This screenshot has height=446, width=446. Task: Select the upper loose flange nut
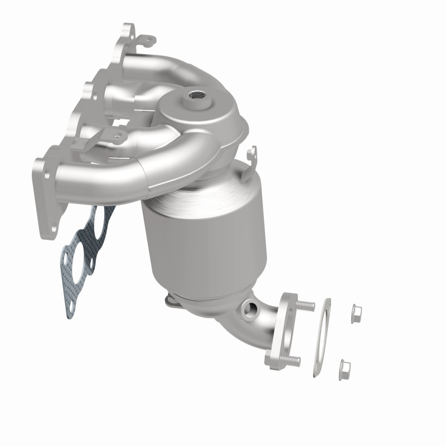tap(354, 314)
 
